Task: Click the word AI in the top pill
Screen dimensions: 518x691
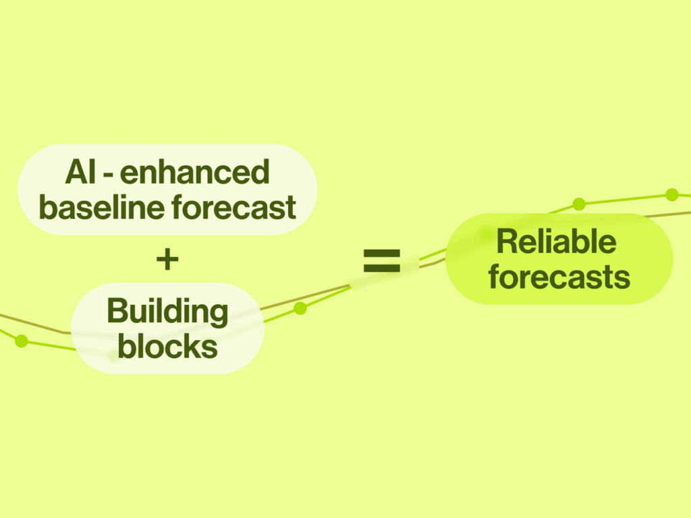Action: click(79, 173)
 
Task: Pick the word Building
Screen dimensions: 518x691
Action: click(167, 312)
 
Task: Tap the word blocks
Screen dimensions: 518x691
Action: click(167, 347)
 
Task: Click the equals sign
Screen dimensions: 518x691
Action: click(382, 260)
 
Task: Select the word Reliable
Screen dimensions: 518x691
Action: click(556, 241)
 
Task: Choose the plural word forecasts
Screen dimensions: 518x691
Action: click(559, 277)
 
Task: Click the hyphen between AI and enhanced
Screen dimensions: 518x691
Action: click(107, 174)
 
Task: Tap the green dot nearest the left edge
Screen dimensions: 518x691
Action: click(22, 341)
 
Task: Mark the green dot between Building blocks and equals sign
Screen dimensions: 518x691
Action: click(300, 308)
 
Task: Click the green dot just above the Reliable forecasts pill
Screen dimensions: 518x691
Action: click(579, 204)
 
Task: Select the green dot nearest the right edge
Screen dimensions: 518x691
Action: click(671, 194)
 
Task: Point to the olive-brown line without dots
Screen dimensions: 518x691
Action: click(317, 294)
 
